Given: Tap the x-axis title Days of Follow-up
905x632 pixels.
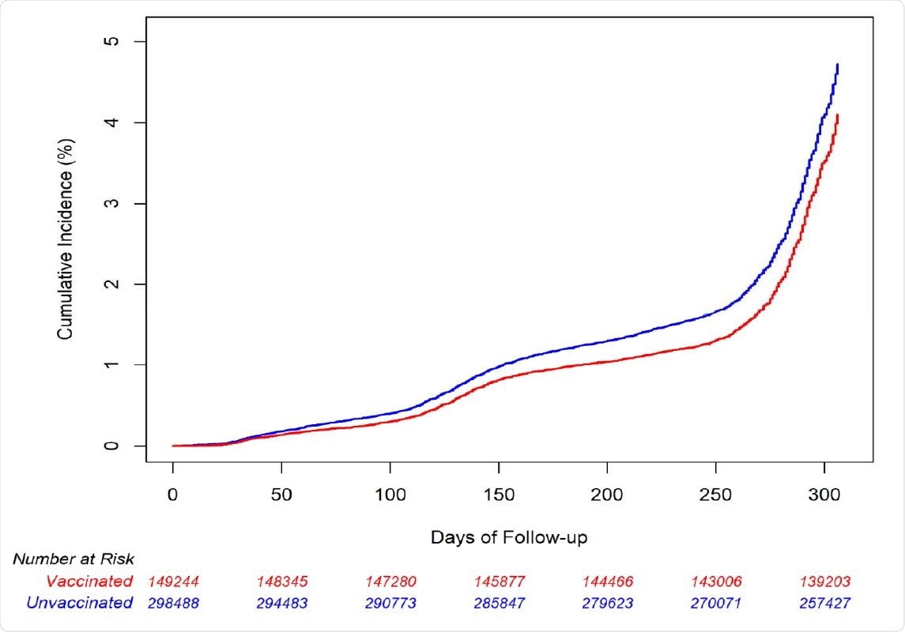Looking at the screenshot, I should tap(508, 537).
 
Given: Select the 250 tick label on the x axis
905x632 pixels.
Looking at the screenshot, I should tap(715, 495).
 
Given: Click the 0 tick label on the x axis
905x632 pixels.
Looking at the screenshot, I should tap(172, 495).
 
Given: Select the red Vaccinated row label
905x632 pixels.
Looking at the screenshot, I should tap(89, 581).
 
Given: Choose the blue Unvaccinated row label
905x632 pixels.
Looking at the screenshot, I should tap(79, 603).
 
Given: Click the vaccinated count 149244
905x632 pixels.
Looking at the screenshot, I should tap(173, 582).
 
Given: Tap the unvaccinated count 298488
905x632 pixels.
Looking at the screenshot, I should tap(173, 604).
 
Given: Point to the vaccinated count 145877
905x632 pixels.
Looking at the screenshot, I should tap(499, 582).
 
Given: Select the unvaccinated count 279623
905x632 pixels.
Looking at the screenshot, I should tap(607, 604).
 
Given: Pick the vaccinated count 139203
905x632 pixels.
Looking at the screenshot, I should tap(824, 582).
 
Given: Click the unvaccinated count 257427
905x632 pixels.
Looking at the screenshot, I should tap(824, 604).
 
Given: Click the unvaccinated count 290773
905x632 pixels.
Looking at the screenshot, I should tap(390, 604).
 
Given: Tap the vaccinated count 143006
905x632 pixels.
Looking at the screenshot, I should tap(716, 582).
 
